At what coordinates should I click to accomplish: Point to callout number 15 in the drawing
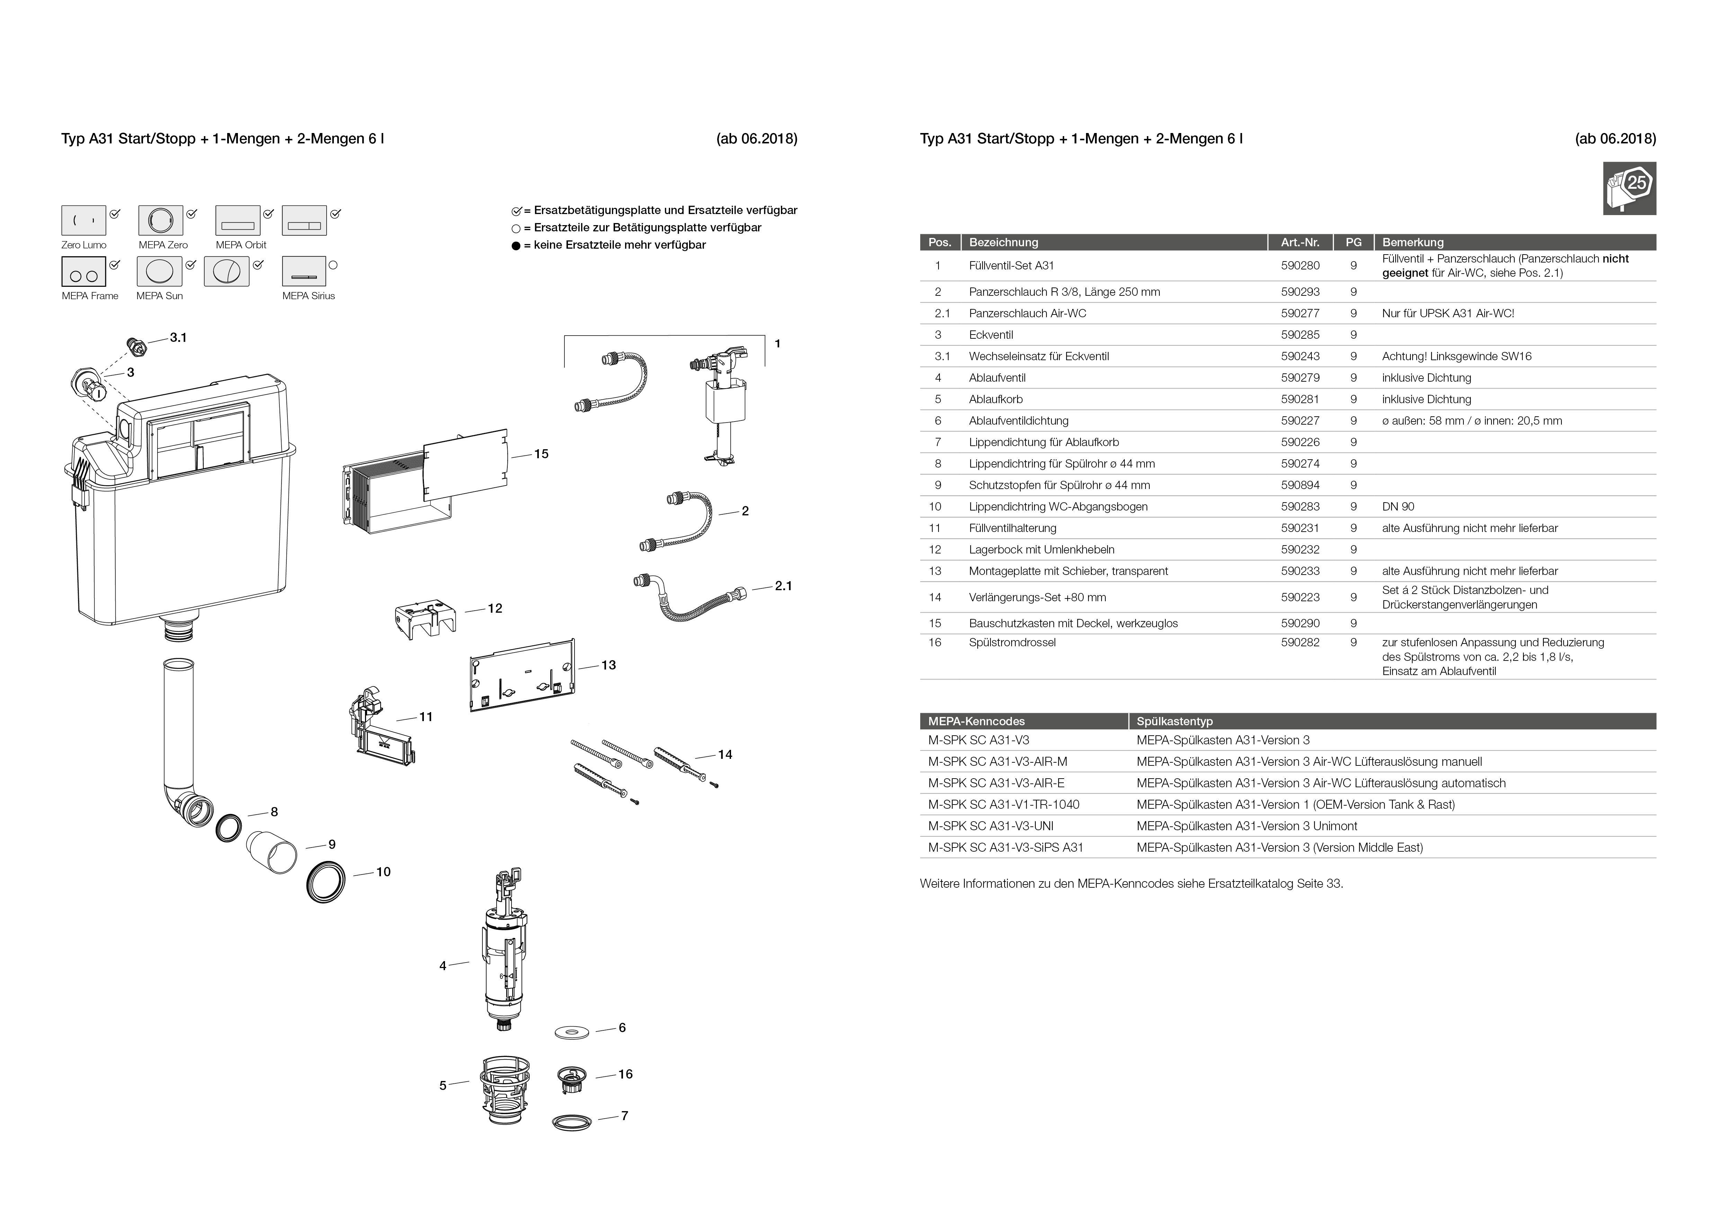pyautogui.click(x=541, y=454)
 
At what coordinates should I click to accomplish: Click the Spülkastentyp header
pyautogui.click(x=1174, y=721)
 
